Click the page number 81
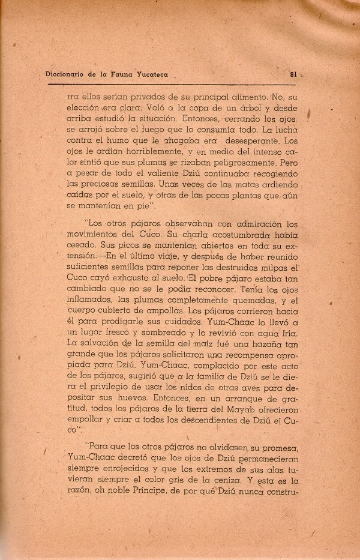(293, 75)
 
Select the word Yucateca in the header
(149, 75)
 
